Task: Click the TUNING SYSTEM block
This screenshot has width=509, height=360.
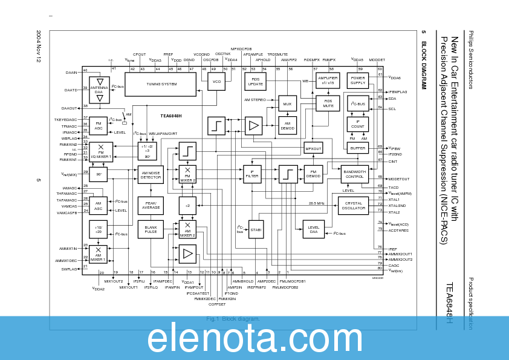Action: tap(161, 84)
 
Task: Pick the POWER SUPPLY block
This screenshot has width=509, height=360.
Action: tap(358, 80)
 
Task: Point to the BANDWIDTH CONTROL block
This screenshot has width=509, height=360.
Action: tap(354, 174)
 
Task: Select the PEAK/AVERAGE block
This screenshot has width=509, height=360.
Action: tap(151, 206)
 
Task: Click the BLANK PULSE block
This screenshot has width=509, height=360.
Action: tap(151, 229)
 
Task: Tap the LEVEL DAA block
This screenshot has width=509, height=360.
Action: tap(313, 229)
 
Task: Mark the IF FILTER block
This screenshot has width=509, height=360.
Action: tap(252, 174)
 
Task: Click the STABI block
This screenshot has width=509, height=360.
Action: tap(256, 229)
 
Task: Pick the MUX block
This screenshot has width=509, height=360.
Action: tap(287, 104)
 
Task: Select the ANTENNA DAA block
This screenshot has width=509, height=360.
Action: tap(100, 89)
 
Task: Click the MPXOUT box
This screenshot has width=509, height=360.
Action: tap(313, 148)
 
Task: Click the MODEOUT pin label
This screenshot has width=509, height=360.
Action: tap(399, 179)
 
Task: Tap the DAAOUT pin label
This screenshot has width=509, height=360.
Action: tap(70, 108)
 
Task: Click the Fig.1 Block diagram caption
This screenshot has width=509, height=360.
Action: tap(233, 319)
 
